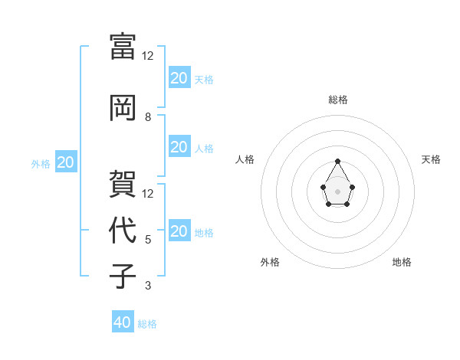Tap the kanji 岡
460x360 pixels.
pos(123,108)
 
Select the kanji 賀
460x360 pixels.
pos(123,184)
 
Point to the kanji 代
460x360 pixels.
pos(123,230)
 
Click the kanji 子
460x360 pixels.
pos(123,277)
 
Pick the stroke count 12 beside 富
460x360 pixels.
pos(148,56)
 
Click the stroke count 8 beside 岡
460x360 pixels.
pos(148,117)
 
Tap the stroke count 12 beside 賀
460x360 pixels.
pos(148,193)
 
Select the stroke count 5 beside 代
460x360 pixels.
pos(148,240)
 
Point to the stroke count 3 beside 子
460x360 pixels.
pos(148,286)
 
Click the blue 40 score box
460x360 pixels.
pos(123,322)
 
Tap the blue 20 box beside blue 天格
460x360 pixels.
pos(179,78)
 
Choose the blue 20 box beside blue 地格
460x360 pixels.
pos(179,231)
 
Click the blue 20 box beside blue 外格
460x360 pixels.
pos(66,162)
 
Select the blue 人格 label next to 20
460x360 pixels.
pos(203,148)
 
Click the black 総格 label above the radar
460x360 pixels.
pos(338,100)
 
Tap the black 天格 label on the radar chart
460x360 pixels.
pos(431,159)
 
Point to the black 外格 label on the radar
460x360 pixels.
pos(270,262)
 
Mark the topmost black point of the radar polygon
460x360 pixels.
pos(337,162)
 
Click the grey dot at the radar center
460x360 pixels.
pos(337,190)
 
